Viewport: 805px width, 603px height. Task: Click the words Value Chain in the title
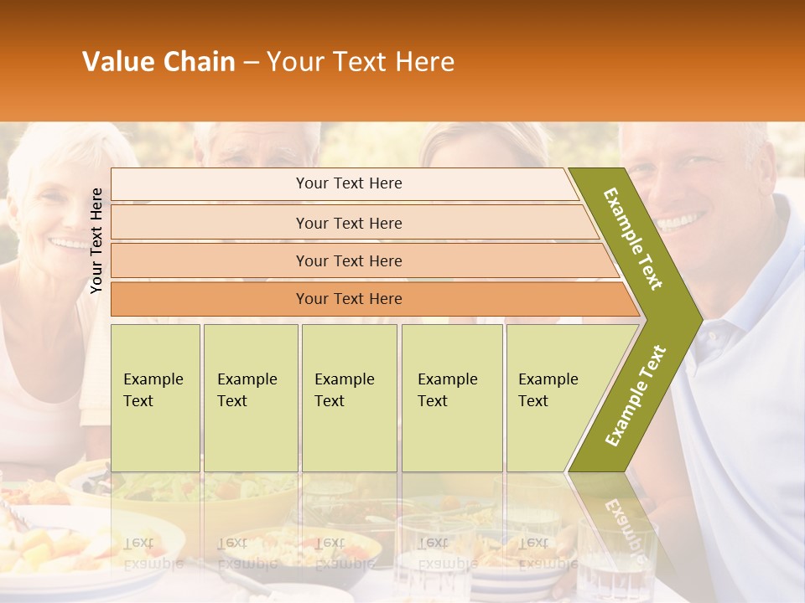[x=158, y=62]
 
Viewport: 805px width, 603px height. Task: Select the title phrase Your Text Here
[x=361, y=62]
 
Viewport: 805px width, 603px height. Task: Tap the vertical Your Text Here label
[x=96, y=240]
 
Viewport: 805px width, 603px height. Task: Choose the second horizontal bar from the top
[x=349, y=223]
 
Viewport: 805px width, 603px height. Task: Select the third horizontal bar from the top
[x=349, y=260]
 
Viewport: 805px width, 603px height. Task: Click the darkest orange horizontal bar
[x=349, y=299]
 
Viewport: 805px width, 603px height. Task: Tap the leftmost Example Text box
[x=155, y=397]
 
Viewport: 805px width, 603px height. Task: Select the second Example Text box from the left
[x=250, y=397]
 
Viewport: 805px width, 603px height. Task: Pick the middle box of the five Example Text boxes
[x=349, y=397]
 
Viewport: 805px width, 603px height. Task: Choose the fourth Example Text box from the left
[x=452, y=397]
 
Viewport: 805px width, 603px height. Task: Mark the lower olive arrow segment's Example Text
[x=636, y=395]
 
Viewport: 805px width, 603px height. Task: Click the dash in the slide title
[x=251, y=62]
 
